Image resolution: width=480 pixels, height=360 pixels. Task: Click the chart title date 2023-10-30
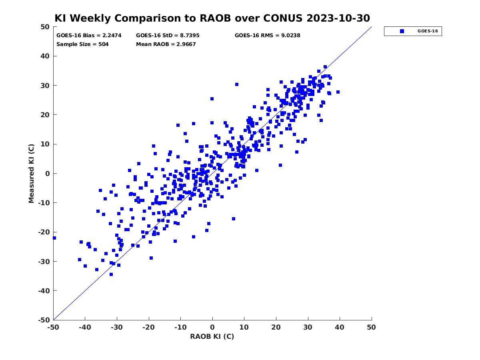pyautogui.click(x=338, y=18)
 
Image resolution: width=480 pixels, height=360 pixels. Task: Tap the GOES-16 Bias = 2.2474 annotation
pyautogui.click(x=89, y=36)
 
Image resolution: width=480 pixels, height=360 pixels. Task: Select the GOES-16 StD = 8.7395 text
pyautogui.click(x=168, y=36)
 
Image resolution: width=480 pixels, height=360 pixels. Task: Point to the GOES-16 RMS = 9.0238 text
pyautogui.click(x=267, y=36)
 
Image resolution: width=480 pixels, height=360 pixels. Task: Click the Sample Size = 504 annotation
pyautogui.click(x=82, y=44)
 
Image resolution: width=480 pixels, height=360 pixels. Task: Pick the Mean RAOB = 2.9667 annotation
pyautogui.click(x=166, y=44)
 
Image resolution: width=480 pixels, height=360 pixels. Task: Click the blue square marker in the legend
pyautogui.click(x=402, y=31)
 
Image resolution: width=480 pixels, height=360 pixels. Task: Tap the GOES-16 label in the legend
pyautogui.click(x=428, y=31)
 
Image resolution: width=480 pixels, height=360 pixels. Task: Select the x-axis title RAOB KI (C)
pyautogui.click(x=212, y=336)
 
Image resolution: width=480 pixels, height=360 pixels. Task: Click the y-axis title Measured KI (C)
pyautogui.click(x=31, y=174)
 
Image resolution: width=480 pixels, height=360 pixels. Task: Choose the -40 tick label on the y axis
pyautogui.click(x=44, y=291)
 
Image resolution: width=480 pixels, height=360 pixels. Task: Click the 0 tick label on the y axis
pyautogui.click(x=48, y=174)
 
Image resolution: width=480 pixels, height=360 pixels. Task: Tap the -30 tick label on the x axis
pyautogui.click(x=117, y=327)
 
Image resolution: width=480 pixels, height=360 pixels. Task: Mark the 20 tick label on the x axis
pyautogui.click(x=276, y=327)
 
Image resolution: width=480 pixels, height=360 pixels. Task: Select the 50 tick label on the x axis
pyautogui.click(x=371, y=327)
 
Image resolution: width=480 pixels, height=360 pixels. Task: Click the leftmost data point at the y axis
pyautogui.click(x=54, y=238)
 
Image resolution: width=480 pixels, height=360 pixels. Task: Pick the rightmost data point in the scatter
pyautogui.click(x=338, y=92)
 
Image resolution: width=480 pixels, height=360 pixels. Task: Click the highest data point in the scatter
pyautogui.click(x=325, y=67)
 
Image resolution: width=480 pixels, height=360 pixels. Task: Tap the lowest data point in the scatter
pyautogui.click(x=111, y=274)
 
